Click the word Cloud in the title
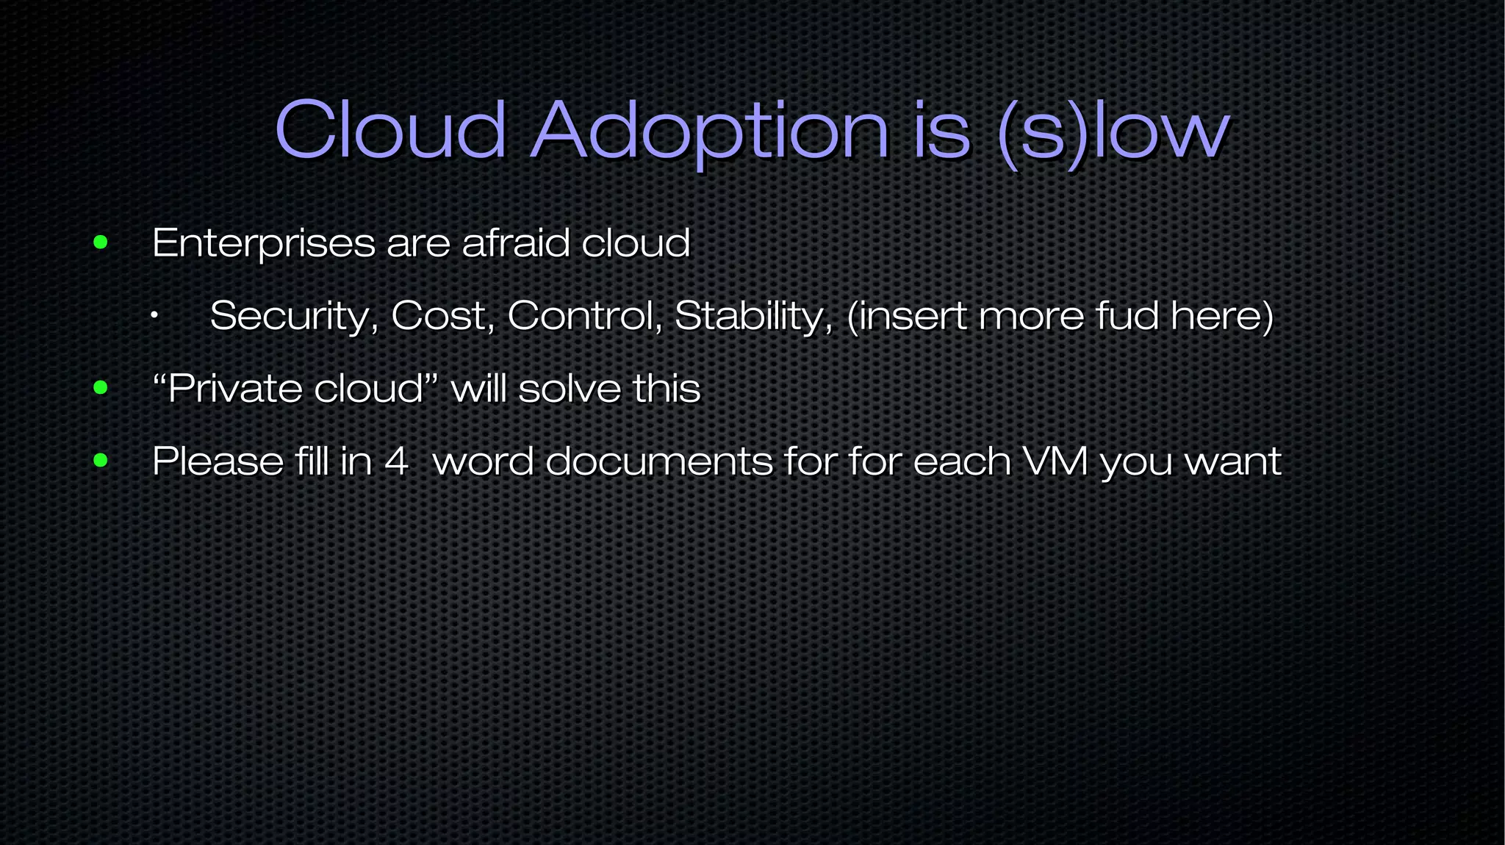click(x=390, y=130)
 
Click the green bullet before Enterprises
click(x=101, y=242)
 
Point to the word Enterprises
click(x=263, y=243)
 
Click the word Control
click(x=585, y=316)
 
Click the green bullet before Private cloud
click(x=101, y=388)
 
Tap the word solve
click(x=570, y=388)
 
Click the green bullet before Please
click(x=101, y=461)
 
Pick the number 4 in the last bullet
click(x=396, y=461)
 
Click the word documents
click(x=659, y=461)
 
